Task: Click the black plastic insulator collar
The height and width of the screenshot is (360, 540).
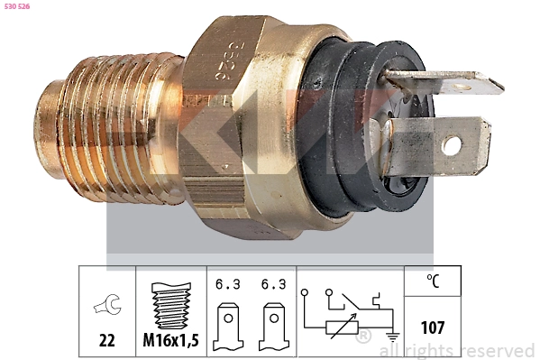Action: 347,126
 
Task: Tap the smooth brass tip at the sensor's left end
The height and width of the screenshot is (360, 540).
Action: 47,122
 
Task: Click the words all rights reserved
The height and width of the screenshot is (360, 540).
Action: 457,350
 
